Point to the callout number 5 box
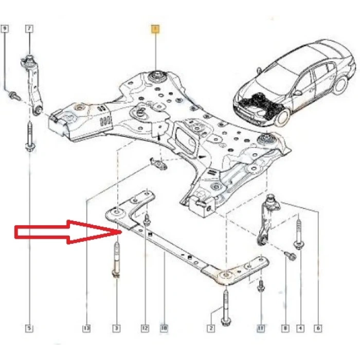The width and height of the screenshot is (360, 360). (x=29, y=327)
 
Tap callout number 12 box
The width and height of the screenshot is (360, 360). (x=146, y=327)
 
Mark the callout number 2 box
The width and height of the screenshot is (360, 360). (x=211, y=327)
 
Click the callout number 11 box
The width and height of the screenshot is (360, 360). (x=261, y=327)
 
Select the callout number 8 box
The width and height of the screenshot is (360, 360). (x=285, y=327)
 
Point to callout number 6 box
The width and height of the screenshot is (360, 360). (x=318, y=327)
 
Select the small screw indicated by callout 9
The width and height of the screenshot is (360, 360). (x=12, y=95)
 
